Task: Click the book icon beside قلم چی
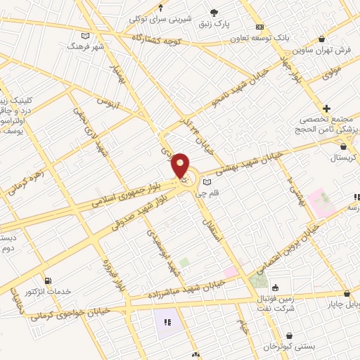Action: click(x=207, y=181)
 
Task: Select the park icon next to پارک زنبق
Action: click(x=214, y=12)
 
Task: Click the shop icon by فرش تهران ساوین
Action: click(x=322, y=39)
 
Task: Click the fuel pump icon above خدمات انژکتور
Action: click(x=47, y=280)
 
